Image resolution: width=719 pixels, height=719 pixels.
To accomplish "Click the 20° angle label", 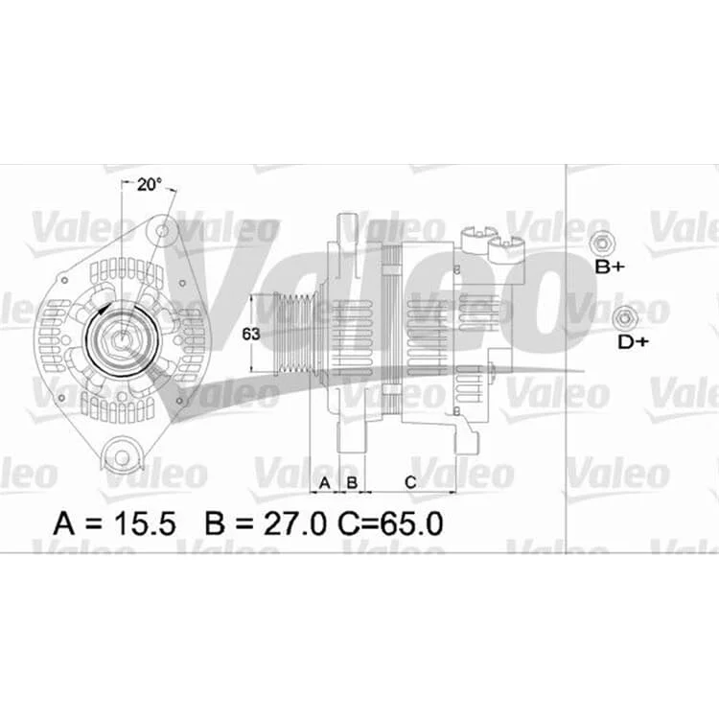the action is [150, 185].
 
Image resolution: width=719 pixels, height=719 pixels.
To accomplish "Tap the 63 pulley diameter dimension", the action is [251, 334].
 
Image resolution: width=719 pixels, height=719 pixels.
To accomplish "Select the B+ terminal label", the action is [610, 267].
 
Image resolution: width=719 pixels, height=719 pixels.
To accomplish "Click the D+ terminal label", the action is [634, 341].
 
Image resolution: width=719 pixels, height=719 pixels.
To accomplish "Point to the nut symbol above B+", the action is [602, 244].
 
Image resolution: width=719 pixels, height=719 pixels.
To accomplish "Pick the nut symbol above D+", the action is [625, 317].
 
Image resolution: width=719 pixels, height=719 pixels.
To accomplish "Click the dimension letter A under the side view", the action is [325, 482].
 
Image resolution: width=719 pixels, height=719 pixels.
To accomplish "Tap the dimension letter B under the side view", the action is [352, 482].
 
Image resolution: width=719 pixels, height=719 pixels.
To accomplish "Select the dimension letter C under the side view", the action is [410, 482].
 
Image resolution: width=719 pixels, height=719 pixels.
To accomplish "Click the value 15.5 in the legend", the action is [145, 523].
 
